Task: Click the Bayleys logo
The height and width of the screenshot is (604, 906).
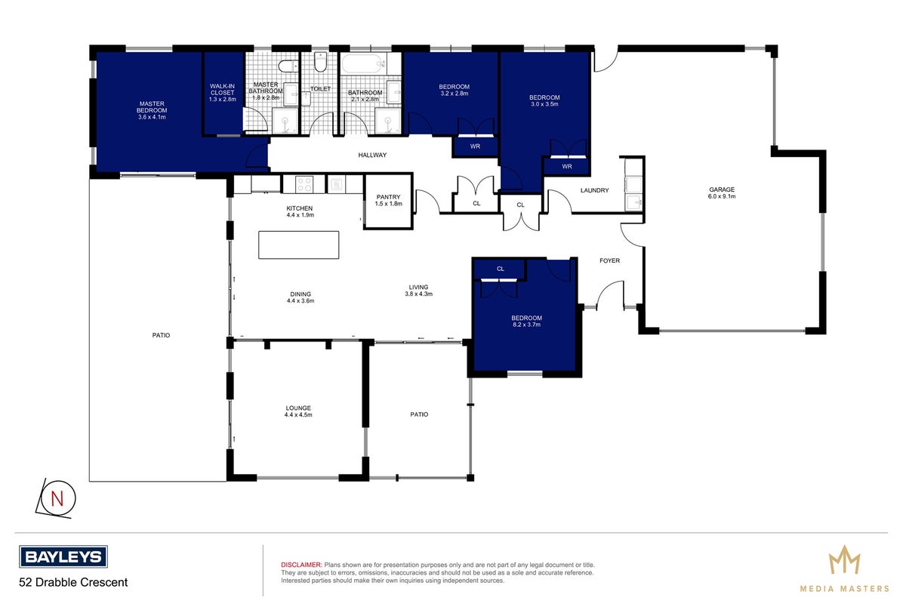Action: click(63, 556)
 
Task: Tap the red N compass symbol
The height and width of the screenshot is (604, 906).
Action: click(56, 498)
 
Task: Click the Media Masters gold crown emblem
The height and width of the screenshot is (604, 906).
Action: click(845, 559)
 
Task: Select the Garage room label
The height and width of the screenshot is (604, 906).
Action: click(722, 193)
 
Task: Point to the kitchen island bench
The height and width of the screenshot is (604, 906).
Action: click(298, 245)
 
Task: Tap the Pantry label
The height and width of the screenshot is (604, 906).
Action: click(388, 200)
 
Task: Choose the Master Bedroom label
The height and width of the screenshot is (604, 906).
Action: click(152, 110)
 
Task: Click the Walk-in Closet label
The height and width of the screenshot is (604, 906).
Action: click(223, 93)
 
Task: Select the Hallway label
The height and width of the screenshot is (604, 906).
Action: click(372, 155)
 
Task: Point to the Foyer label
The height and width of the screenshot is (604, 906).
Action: click(609, 260)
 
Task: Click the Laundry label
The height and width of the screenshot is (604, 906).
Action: click(594, 190)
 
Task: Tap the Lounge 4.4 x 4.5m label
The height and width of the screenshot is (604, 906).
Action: click(298, 411)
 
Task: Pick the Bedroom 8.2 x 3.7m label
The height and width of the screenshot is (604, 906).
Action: click(526, 321)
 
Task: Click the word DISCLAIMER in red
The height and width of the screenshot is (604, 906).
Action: click(301, 565)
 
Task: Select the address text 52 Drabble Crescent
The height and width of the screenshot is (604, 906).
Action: click(73, 582)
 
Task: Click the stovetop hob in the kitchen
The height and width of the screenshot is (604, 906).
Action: click(304, 184)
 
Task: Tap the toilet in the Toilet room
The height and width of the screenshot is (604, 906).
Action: click(320, 63)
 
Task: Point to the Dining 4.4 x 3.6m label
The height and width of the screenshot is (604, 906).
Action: click(300, 297)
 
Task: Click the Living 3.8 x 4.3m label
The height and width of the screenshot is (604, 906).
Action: click(418, 291)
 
